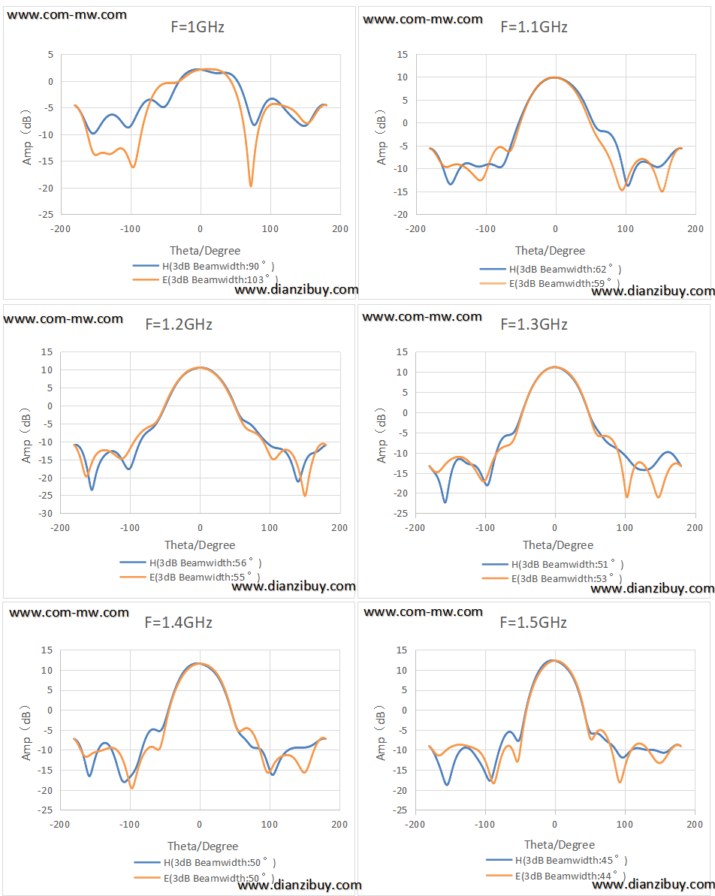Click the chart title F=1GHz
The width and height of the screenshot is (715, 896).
pos(198,27)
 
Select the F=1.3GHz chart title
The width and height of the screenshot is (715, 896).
pos(534,324)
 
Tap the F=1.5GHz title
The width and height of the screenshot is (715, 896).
pos(533,623)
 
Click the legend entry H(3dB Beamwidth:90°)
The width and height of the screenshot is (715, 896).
pos(204,267)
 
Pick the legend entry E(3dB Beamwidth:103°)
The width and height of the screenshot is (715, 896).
pos(205,280)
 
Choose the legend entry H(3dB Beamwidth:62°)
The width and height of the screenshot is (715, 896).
pos(551,269)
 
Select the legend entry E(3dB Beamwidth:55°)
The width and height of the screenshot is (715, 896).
pos(190,577)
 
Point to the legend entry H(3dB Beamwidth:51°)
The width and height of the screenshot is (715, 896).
pos(553,565)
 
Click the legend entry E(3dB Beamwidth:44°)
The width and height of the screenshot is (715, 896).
pos(556,876)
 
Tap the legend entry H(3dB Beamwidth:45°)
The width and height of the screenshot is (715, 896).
pos(557,861)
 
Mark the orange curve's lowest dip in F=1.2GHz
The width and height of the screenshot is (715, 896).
pos(305,495)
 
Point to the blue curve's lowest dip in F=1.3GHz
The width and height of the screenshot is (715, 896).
pos(445,502)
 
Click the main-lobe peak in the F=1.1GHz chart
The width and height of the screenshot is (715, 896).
pos(555,77)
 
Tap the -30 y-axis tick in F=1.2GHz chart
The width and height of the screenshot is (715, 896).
pos(46,514)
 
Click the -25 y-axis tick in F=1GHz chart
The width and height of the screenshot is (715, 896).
pos(47,214)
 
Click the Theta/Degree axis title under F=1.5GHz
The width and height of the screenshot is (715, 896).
pos(559,845)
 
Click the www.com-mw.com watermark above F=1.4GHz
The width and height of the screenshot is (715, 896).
pos(69,613)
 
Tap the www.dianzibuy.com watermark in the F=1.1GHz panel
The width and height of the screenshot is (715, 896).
pos(653,291)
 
